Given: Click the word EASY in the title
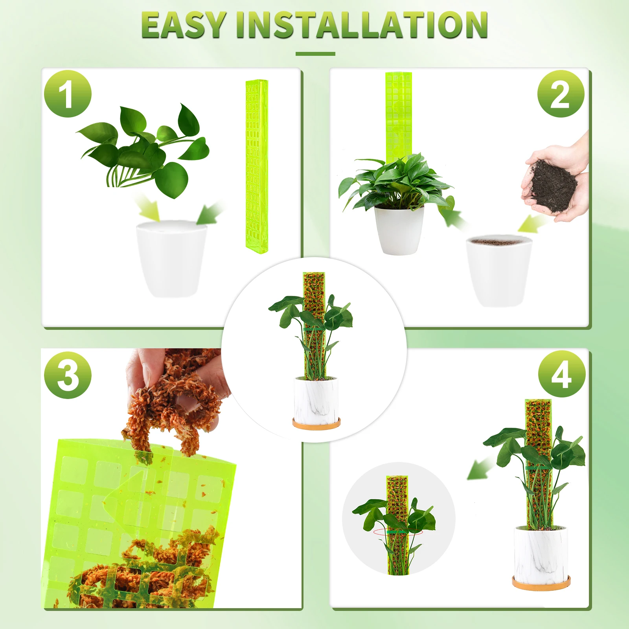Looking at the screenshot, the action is [x=184, y=25].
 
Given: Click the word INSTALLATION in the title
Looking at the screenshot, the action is [x=362, y=25].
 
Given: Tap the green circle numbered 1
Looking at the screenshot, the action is [x=68, y=94].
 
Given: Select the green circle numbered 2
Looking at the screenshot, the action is [x=561, y=94].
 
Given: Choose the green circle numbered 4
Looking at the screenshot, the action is [x=561, y=374].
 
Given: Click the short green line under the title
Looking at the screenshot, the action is [x=315, y=54].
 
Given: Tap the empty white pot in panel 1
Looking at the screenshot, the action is [x=172, y=258].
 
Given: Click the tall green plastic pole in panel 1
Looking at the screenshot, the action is [x=256, y=166].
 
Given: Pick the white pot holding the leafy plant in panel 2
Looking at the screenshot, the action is [x=399, y=230].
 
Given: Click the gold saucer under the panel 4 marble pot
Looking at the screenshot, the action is [x=541, y=582].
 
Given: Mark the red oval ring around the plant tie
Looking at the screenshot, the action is [x=398, y=532].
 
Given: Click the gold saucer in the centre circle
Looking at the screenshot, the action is [x=316, y=424].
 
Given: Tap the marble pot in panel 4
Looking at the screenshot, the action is [x=541, y=552].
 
